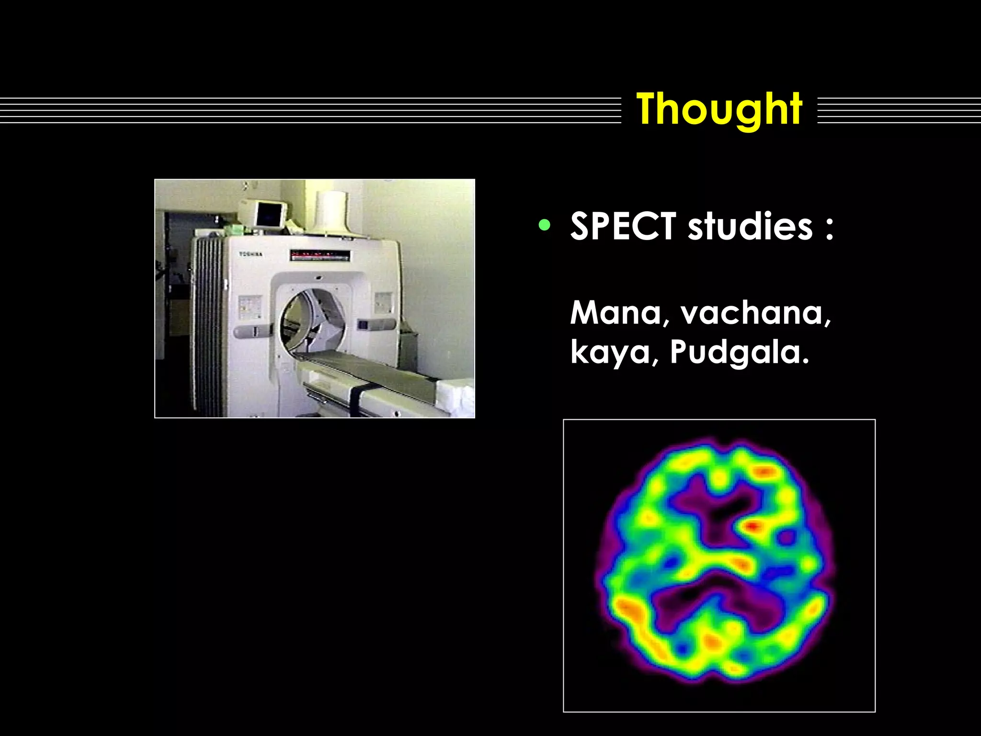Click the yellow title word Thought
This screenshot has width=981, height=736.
[719, 109]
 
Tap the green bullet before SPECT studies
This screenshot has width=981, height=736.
[544, 225]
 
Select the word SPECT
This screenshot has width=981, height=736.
[623, 226]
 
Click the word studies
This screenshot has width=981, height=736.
[750, 226]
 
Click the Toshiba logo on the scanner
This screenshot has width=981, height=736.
[251, 254]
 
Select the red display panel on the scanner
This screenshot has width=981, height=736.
[319, 255]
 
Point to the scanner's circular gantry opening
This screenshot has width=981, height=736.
[311, 319]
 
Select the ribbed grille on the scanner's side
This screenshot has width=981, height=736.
[208, 326]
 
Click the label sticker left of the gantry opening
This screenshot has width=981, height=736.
[250, 307]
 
